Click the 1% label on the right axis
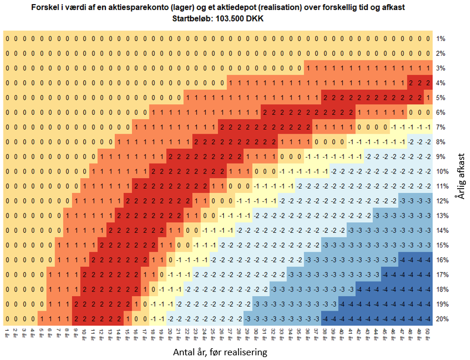(441, 39)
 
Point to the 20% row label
(442, 318)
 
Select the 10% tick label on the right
(442, 171)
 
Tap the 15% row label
(442, 245)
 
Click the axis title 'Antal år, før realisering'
(220, 352)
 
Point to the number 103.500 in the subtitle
(226, 18)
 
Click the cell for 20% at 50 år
(428, 318)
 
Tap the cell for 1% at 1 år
(7, 39)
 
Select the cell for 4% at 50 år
(428, 83)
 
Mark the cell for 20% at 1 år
(7, 318)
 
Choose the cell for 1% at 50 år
(428, 39)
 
